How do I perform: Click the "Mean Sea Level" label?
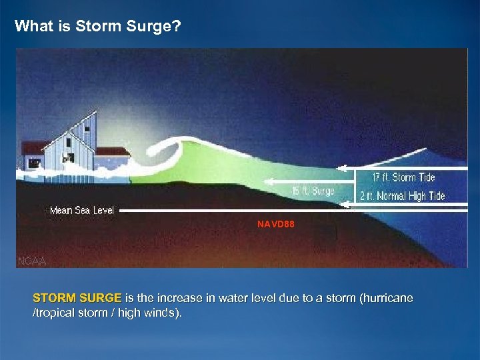point(82,211)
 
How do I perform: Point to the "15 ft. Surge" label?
point(313,191)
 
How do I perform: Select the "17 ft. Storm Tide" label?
point(404,177)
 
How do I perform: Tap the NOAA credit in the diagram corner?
point(31,261)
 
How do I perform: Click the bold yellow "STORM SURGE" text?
point(77,298)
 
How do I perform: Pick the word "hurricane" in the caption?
point(386,298)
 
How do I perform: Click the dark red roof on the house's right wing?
point(112,151)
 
